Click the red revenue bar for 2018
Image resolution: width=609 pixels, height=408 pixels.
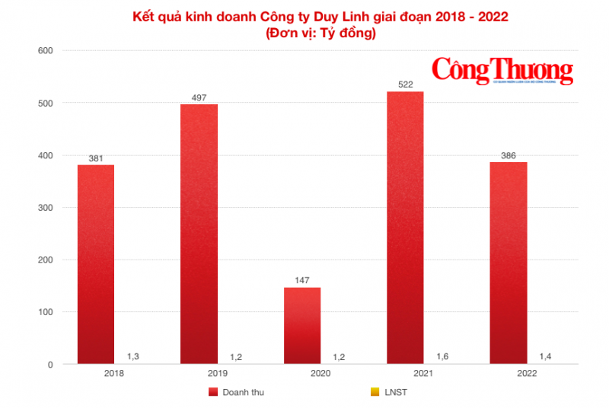point(96,264)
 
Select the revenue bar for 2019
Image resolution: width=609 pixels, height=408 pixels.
point(199,234)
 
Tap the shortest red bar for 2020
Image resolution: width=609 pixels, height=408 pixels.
point(302,326)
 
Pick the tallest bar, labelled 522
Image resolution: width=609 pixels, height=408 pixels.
point(405,228)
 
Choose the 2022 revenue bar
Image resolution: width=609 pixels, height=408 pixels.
point(509,263)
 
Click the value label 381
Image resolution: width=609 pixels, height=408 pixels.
point(96,158)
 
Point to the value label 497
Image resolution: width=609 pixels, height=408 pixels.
point(199,97)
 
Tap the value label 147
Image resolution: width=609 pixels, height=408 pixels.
point(302,281)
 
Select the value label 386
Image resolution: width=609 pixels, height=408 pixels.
point(509,155)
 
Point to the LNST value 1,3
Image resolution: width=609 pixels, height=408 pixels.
point(133,355)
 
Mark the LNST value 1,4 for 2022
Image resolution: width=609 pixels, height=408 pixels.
point(546,355)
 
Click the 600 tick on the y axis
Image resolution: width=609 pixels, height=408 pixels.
point(44,51)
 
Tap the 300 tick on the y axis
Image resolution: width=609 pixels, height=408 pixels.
point(44,208)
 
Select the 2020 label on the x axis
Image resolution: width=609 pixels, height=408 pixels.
point(320,374)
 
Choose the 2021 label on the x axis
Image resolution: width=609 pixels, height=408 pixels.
point(423,374)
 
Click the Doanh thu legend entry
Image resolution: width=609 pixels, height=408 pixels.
point(236,392)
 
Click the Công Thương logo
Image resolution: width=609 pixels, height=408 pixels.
point(503,70)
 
